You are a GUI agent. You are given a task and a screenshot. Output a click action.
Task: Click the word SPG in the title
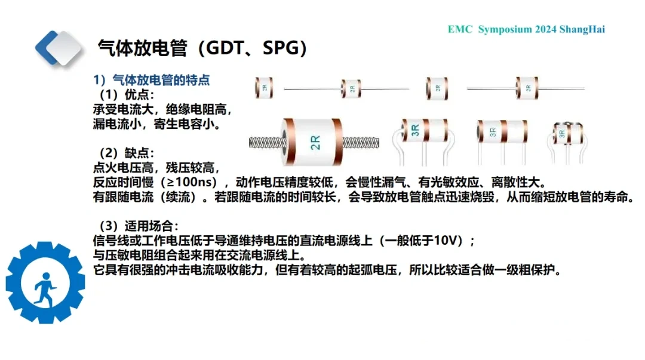click(280, 48)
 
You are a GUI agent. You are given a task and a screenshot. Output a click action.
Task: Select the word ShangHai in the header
click(582, 29)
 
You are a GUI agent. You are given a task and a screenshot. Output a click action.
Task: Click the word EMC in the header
click(460, 29)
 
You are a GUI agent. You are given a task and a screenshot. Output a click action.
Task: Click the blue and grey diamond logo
click(59, 48)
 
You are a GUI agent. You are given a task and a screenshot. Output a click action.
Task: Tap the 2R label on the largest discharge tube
click(315, 142)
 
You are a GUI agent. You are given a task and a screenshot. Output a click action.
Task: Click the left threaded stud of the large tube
click(266, 143)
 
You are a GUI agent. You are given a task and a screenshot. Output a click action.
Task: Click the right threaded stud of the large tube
click(361, 143)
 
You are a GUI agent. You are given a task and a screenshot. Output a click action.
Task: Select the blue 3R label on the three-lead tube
click(415, 130)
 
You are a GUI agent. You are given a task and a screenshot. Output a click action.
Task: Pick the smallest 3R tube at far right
click(567, 143)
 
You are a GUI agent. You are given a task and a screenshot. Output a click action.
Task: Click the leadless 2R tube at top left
click(264, 88)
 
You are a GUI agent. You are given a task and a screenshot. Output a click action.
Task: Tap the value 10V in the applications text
click(446, 240)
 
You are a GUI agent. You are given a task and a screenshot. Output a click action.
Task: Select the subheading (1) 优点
click(127, 95)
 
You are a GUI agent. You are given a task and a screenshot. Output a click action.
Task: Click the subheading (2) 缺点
click(127, 153)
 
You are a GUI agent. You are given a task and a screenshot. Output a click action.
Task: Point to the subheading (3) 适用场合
click(139, 226)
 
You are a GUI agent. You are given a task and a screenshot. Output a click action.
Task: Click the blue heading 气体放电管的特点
click(161, 80)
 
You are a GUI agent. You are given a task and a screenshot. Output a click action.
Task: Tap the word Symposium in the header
click(505, 30)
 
